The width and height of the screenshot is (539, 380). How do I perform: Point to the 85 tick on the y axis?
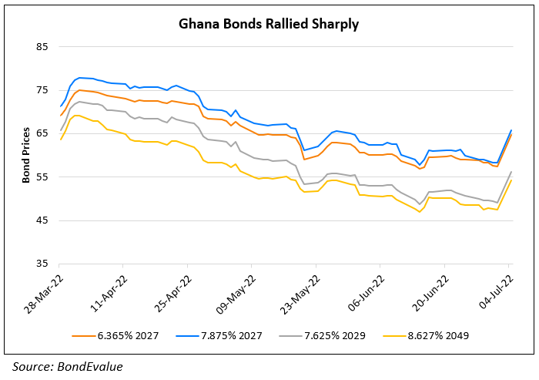42,47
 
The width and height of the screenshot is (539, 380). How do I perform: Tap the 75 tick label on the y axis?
42,90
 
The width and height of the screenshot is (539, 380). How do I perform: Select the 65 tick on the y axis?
42,133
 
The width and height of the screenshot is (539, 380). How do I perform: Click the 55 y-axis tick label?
42,177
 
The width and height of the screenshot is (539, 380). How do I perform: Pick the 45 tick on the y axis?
42,220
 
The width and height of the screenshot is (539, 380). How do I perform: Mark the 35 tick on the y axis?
42,264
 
